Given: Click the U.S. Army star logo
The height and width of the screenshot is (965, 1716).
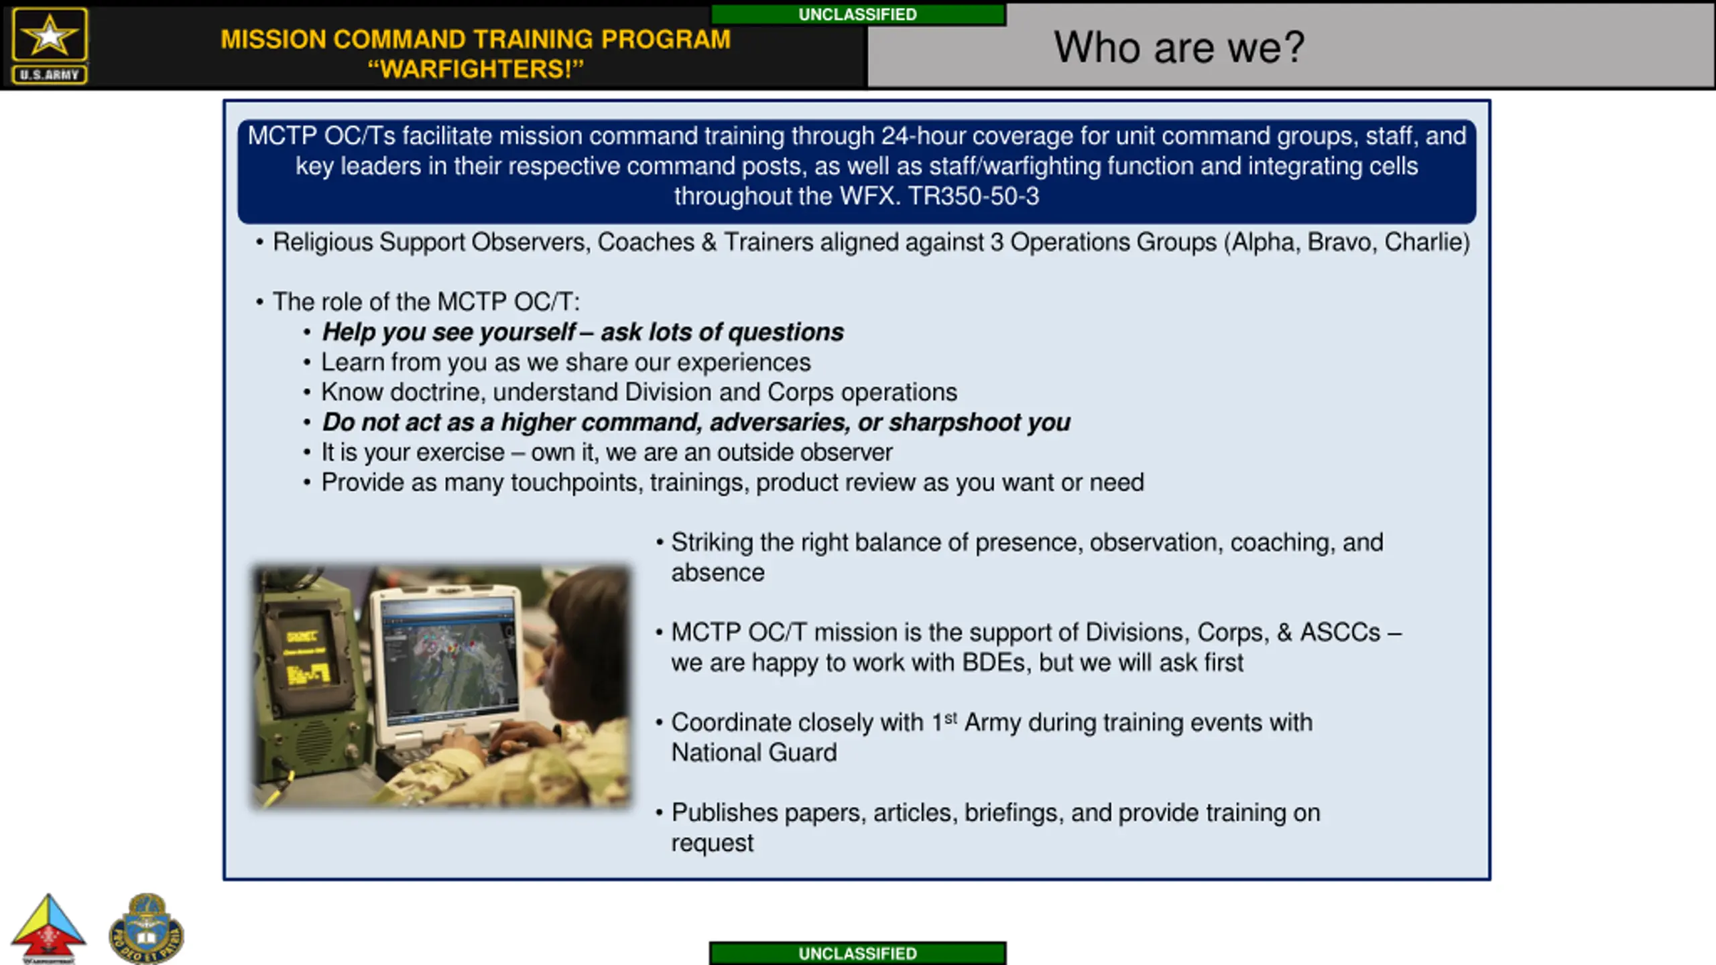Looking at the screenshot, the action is (x=50, y=46).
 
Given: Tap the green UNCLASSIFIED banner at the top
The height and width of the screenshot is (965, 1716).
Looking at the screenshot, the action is (x=858, y=15).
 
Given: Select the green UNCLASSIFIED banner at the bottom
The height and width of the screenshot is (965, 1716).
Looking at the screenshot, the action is (x=858, y=953).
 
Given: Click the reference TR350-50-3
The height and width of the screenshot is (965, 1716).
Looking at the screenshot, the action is (x=973, y=196).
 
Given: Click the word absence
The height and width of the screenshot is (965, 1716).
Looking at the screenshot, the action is (x=718, y=573).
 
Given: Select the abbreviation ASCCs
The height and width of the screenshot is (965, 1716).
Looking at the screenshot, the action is (x=1341, y=633).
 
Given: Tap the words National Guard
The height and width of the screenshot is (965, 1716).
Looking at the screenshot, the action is (x=754, y=753).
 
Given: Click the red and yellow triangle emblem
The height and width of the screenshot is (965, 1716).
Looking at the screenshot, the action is (x=48, y=928).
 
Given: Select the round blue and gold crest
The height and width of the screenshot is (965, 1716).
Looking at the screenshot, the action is (x=146, y=928).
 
